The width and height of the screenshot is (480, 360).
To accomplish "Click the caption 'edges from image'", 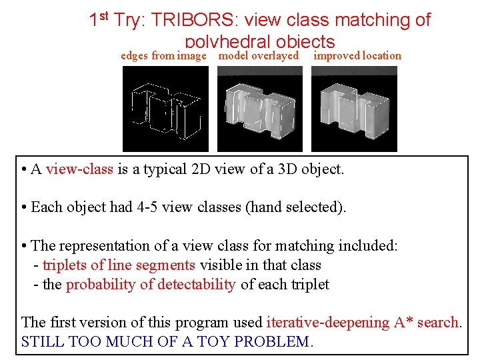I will (x=163, y=56).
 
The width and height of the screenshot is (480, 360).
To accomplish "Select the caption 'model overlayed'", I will (x=259, y=56).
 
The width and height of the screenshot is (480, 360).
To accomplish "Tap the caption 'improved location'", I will (x=357, y=56).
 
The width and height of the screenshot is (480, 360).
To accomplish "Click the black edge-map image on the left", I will (x=165, y=109).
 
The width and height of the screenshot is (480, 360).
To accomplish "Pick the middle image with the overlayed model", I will (x=259, y=109).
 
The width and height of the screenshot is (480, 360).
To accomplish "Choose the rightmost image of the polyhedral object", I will (x=354, y=109).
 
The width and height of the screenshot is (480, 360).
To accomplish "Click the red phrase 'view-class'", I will (x=79, y=169).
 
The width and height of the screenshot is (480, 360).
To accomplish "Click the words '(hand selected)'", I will (x=297, y=207).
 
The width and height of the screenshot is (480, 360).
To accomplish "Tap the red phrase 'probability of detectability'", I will (x=151, y=285).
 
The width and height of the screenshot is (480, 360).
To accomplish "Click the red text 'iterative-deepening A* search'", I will (x=363, y=323).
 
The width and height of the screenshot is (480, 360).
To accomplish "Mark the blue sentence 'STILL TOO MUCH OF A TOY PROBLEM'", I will (x=165, y=342).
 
